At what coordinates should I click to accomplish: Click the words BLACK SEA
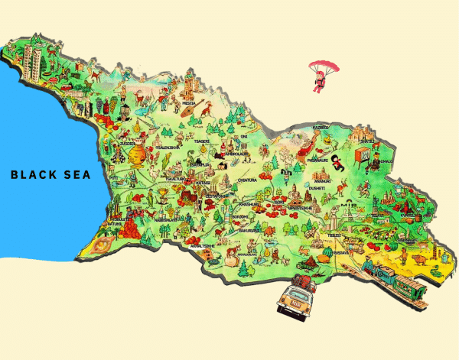pyautogui.click(x=50, y=175)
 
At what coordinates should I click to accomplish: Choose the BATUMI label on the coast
pyautogui.click(x=114, y=224)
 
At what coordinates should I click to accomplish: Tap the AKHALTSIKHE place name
pyautogui.click(x=201, y=246)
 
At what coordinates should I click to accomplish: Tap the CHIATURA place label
pyautogui.click(x=249, y=181)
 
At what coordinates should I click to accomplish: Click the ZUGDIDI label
pyautogui.click(x=126, y=143)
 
